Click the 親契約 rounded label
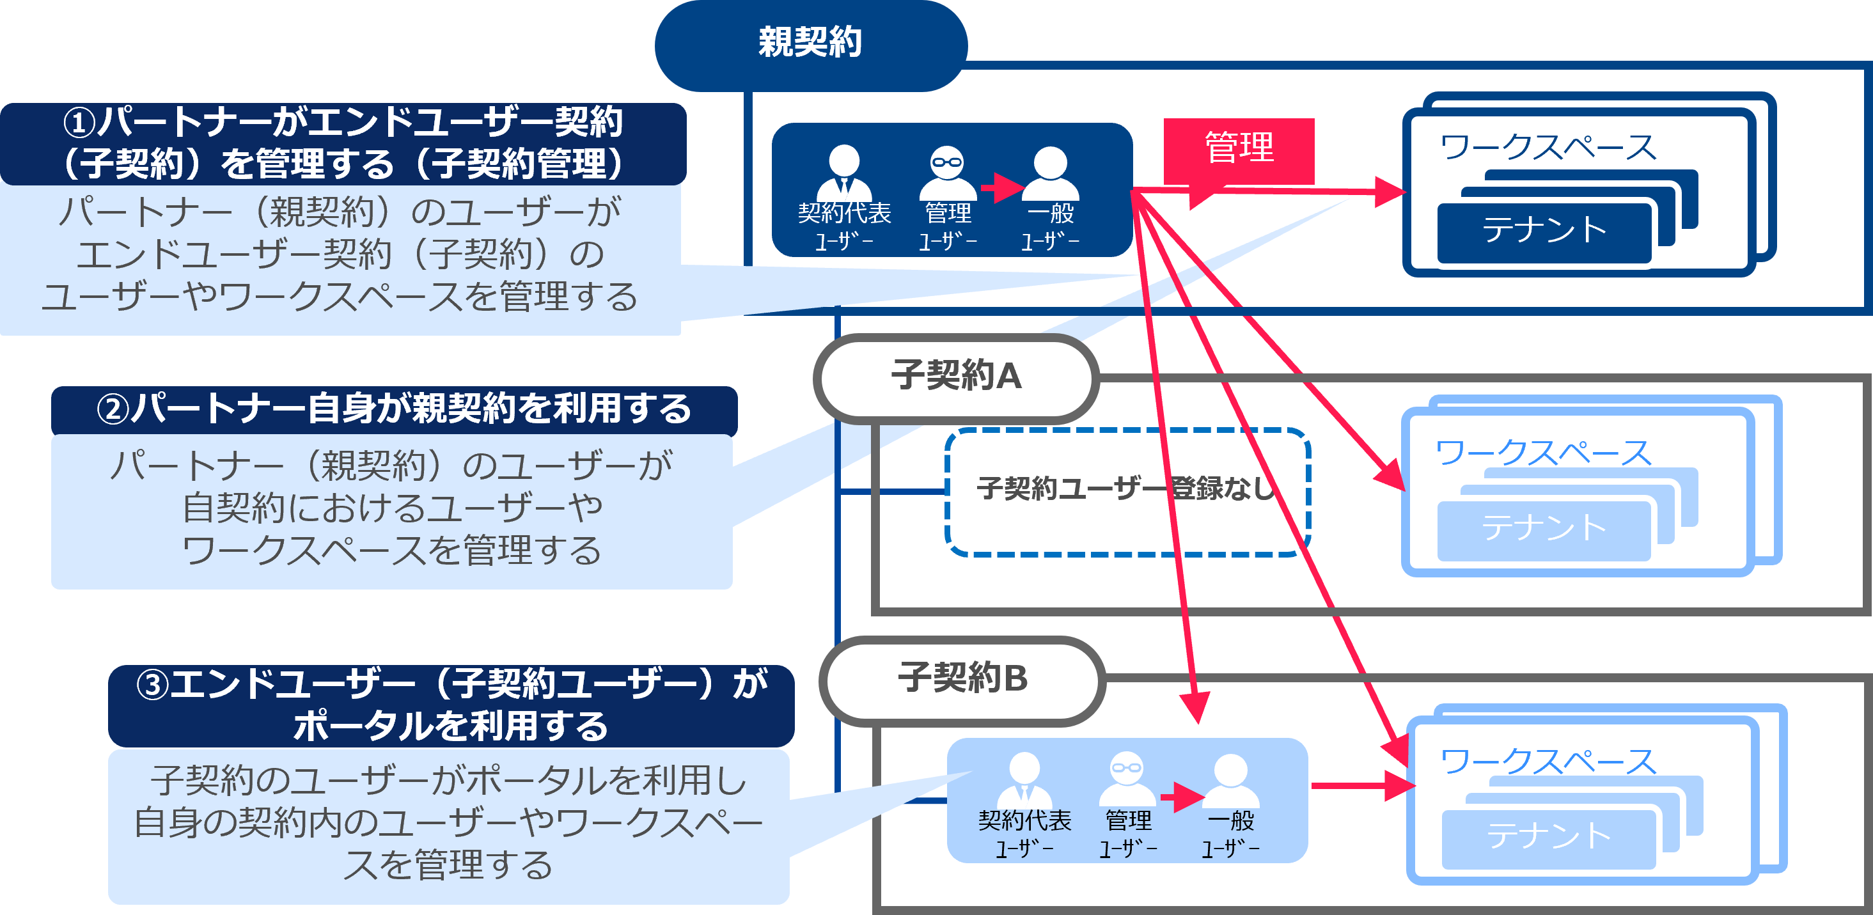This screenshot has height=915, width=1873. click(x=810, y=43)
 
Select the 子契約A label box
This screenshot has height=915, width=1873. click(x=956, y=377)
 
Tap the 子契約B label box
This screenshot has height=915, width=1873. click(x=962, y=680)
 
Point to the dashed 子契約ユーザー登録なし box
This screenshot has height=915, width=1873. click(x=1127, y=491)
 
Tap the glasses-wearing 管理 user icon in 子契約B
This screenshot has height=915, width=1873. click(x=1127, y=778)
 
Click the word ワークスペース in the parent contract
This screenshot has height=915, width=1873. click(x=1548, y=148)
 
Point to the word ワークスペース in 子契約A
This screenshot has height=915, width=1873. click(x=1544, y=453)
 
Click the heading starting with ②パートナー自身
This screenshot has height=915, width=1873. click(x=394, y=409)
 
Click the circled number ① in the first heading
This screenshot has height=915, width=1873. click(x=79, y=123)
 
